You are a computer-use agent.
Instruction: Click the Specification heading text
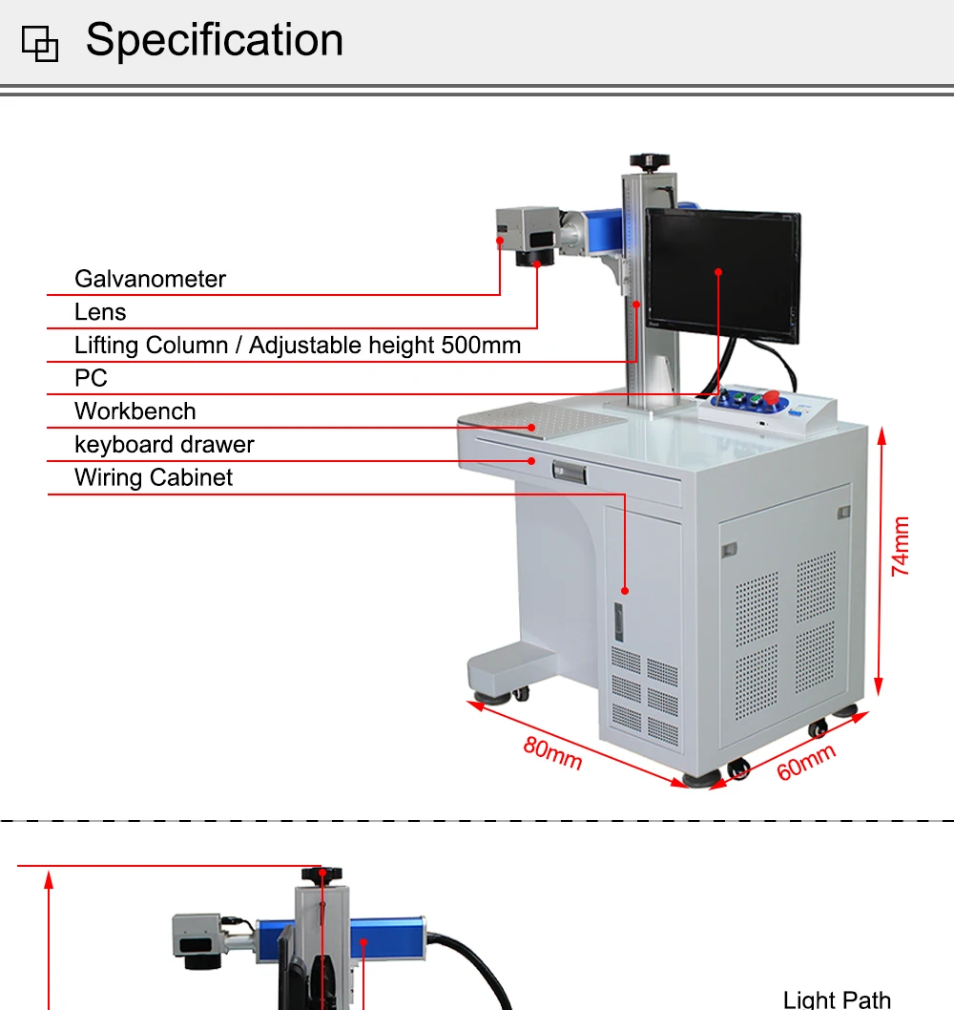pyautogui.click(x=215, y=40)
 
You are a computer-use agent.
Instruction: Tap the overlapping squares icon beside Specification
pyautogui.click(x=40, y=44)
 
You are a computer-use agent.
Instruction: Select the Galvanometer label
pyautogui.click(x=150, y=279)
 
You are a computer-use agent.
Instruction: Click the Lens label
pyautogui.click(x=100, y=312)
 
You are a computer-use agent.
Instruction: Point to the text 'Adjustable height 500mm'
pyautogui.click(x=385, y=346)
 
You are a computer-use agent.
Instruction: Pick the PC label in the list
pyautogui.click(x=91, y=378)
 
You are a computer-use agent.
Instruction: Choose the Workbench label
pyautogui.click(x=135, y=410)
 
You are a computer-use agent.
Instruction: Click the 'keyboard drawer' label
pyautogui.click(x=164, y=445)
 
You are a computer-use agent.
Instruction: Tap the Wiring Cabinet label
pyautogui.click(x=154, y=477)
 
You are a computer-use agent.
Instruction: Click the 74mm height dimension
pyautogui.click(x=900, y=546)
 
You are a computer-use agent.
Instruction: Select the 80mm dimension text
pyautogui.click(x=552, y=753)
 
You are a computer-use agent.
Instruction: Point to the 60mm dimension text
pyautogui.click(x=806, y=762)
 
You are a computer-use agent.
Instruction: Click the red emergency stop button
pyautogui.click(x=771, y=396)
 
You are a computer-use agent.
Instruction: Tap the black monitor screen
pyautogui.click(x=723, y=275)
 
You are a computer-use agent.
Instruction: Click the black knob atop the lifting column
pyautogui.click(x=650, y=161)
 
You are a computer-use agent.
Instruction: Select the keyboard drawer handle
pyautogui.click(x=569, y=472)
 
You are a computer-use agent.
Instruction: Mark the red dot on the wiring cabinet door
pyautogui.click(x=625, y=591)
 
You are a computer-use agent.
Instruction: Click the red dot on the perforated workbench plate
pyautogui.click(x=531, y=428)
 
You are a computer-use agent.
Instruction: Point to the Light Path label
pyautogui.click(x=837, y=999)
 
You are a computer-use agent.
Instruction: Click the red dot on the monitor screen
pyautogui.click(x=718, y=272)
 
